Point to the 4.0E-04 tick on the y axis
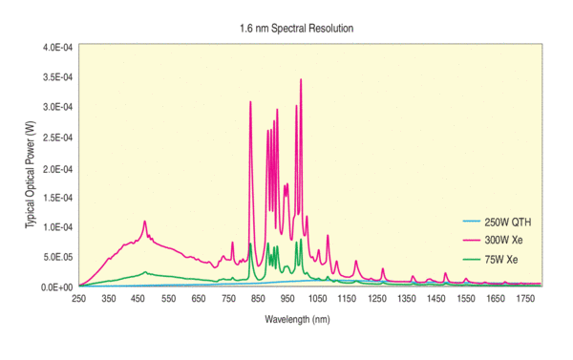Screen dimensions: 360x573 [x=56, y=47]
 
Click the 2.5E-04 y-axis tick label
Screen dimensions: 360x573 [x=56, y=138]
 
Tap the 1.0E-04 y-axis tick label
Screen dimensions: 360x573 [x=56, y=227]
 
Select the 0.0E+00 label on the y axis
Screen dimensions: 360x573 [x=56, y=286]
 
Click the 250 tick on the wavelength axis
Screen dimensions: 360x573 [x=79, y=300]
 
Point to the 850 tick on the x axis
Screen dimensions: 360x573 [x=258, y=300]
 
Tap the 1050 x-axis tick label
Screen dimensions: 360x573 [x=318, y=300]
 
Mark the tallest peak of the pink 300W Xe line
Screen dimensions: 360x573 [x=301, y=80]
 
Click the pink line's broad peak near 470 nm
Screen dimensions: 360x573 [x=145, y=222]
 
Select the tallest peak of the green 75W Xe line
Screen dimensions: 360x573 [x=251, y=244]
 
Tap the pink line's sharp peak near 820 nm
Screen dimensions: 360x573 [x=250, y=101]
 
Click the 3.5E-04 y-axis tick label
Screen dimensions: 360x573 [x=56, y=77]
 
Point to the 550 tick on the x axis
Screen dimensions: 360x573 [x=169, y=300]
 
